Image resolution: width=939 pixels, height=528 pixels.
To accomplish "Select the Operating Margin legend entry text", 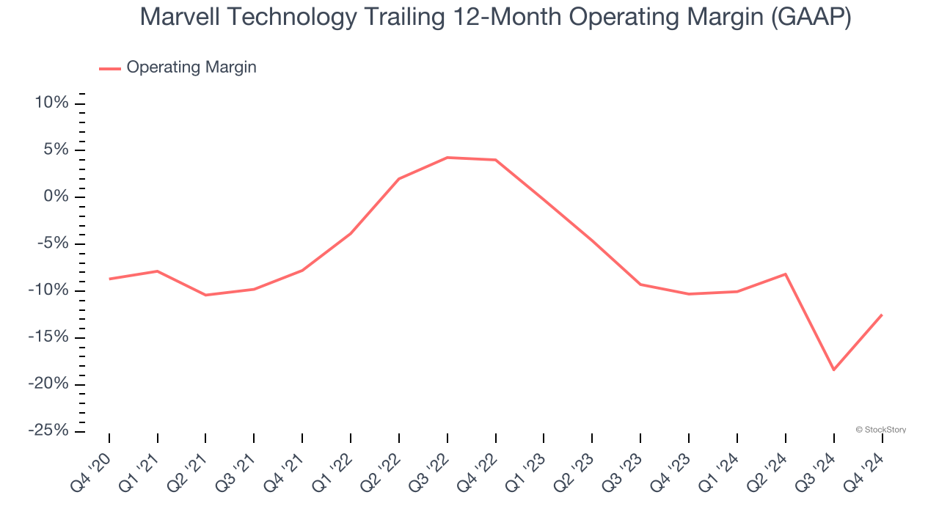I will tap(191, 67).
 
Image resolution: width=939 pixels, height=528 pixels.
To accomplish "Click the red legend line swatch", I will tap(110, 68).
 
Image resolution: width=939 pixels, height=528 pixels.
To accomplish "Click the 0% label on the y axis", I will tap(56, 197).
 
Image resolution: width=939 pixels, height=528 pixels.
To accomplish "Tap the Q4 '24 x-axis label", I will tap(866, 470).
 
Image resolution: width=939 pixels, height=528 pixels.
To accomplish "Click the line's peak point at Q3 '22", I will tap(447, 158).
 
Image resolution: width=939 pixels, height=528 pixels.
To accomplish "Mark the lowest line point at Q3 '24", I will tap(833, 370).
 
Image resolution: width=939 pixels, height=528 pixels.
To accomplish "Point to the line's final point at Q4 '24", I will tap(882, 315).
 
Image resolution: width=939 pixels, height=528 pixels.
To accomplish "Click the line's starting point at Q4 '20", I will tap(109, 279).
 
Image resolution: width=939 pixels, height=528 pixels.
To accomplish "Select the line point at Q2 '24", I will tap(786, 274).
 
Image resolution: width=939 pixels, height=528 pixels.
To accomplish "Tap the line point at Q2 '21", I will tap(206, 295).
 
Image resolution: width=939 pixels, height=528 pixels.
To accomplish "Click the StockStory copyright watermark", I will tap(880, 430).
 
